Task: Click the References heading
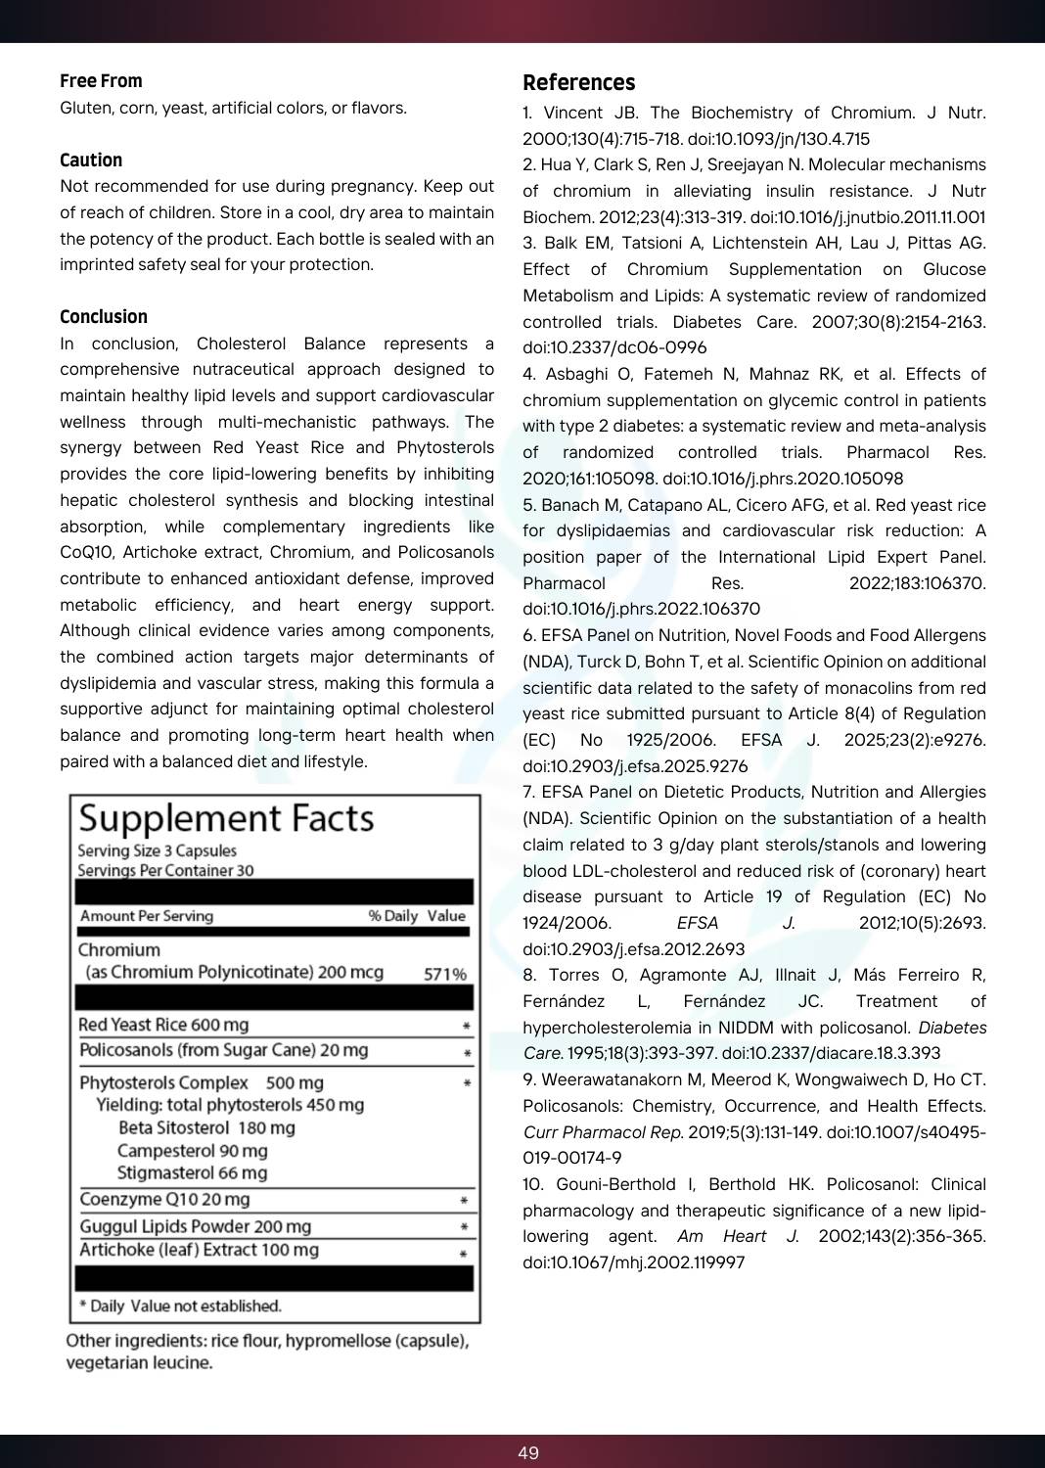[578, 83]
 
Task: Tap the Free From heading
[101, 81]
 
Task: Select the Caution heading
[91, 161]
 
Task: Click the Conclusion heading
[104, 317]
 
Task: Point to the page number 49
[528, 1452]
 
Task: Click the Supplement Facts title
[226, 818]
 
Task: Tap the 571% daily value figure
[444, 974]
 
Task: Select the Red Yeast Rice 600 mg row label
[163, 1025]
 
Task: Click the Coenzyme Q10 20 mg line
[164, 1199]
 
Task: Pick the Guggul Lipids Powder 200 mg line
[196, 1226]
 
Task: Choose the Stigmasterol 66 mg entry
[192, 1172]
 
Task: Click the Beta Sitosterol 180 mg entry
[206, 1127]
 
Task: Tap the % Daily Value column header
[417, 916]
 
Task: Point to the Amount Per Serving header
[147, 916]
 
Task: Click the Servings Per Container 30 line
[165, 870]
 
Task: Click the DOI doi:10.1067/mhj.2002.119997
[634, 1262]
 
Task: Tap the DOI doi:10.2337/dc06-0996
[614, 347]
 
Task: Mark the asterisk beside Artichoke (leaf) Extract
[464, 1253]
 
